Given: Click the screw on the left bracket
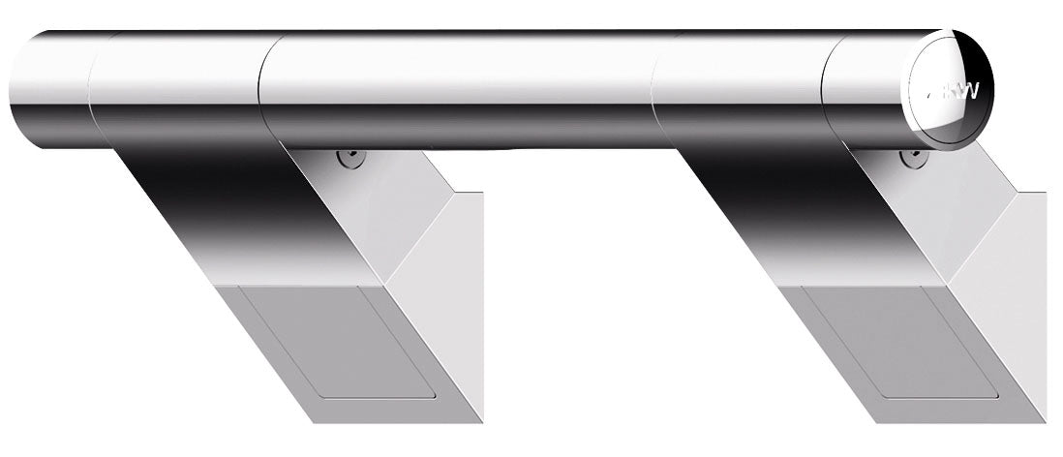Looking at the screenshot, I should coord(350,157).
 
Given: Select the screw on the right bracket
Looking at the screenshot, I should coord(911,157).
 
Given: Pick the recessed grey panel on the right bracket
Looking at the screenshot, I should coord(896,344).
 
